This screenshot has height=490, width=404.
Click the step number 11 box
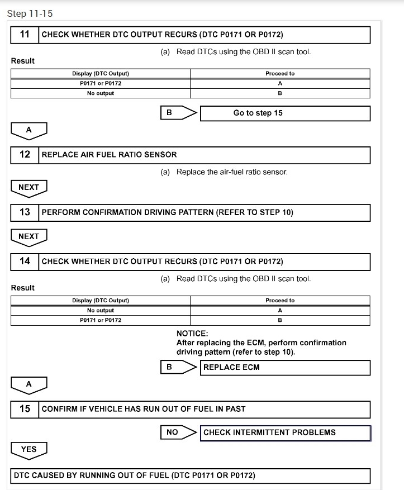(25, 35)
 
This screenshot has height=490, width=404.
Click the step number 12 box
(25, 155)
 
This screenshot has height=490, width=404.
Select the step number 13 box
(25, 212)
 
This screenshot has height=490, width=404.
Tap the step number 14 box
(25, 261)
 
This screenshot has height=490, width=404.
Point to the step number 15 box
(25, 409)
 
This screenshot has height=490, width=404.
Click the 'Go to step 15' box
(285, 113)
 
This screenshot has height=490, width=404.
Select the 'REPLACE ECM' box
(285, 368)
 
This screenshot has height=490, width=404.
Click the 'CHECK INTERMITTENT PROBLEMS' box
(285, 432)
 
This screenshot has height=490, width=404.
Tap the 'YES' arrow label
(29, 449)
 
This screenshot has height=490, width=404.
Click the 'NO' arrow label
(173, 432)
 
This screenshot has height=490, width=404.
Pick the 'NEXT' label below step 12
(29, 187)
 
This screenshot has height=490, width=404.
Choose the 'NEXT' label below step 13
(29, 236)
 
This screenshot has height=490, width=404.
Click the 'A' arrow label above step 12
(29, 130)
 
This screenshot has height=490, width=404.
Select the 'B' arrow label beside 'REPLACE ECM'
(170, 368)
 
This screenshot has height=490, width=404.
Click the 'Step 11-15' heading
(30, 13)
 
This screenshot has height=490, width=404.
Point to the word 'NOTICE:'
(192, 334)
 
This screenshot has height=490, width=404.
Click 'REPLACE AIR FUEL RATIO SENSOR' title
(110, 155)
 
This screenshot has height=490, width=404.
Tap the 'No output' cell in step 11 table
(101, 93)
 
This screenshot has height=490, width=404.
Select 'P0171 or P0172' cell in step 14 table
(101, 320)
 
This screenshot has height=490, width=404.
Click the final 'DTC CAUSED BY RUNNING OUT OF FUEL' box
(191, 476)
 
